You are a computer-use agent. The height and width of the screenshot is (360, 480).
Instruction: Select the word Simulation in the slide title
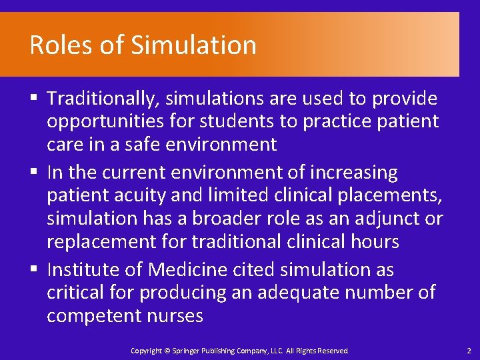click(x=193, y=45)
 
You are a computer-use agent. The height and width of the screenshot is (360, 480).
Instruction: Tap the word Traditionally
click(x=103, y=99)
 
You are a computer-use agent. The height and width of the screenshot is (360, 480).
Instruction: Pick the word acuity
click(x=137, y=195)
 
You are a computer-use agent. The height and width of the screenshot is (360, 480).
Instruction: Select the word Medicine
click(x=189, y=270)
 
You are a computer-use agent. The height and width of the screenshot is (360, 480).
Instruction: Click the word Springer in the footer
click(x=187, y=351)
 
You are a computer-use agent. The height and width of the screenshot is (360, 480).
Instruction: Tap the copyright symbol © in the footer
click(x=167, y=351)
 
